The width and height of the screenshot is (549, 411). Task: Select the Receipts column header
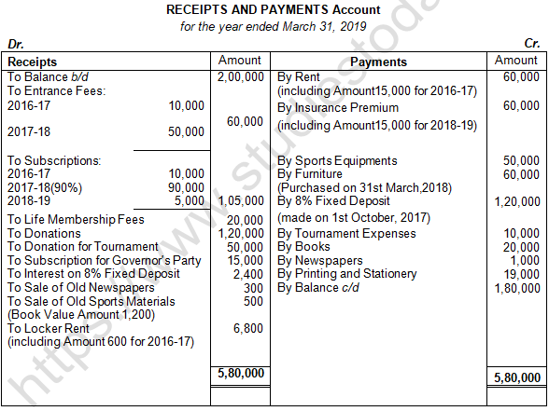point(32,62)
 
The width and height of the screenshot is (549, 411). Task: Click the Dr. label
point(15,44)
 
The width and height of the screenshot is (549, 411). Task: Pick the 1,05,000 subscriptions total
point(240,200)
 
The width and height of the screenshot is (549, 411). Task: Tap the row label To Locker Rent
point(49,328)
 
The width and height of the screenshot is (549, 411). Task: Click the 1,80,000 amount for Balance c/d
point(516,287)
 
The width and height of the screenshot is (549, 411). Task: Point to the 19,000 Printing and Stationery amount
point(520,274)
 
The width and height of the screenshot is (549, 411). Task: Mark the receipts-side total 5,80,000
point(240,374)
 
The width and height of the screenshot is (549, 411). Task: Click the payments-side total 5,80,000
point(516,377)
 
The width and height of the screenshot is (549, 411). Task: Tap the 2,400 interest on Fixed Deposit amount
point(247,274)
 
